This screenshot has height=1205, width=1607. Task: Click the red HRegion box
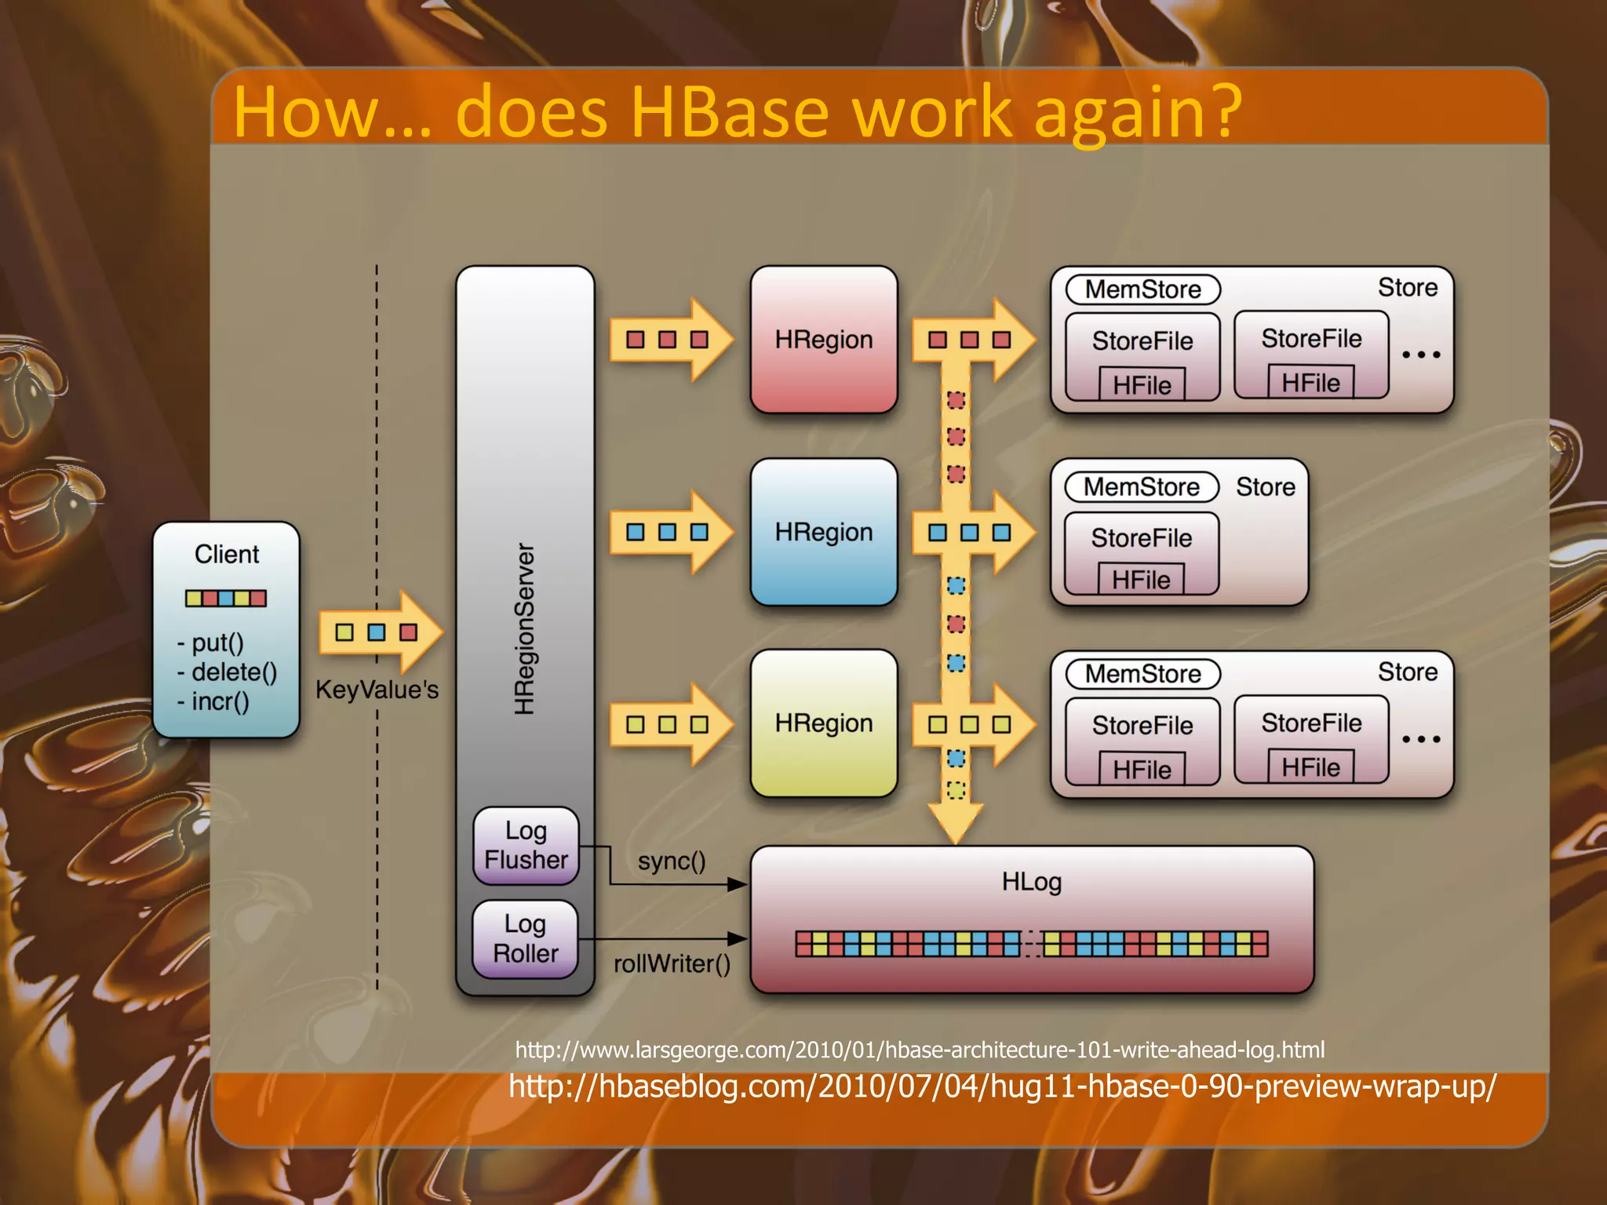coord(823,340)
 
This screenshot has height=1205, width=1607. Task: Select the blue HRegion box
coord(823,532)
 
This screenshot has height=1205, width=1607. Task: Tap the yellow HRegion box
coord(823,723)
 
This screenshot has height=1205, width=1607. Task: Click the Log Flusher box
coord(526,846)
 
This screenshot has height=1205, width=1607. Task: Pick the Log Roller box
coord(525,939)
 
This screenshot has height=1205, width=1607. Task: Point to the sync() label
coord(672,861)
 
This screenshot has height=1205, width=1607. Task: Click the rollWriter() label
coord(672,963)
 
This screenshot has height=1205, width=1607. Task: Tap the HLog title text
coord(1031,882)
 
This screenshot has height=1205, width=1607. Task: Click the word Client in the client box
coord(226,554)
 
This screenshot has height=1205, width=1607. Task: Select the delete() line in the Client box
coord(228,672)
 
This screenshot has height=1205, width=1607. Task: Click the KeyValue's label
coord(377,690)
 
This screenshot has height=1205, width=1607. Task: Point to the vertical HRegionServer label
coord(524,628)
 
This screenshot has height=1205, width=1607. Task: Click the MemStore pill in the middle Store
coord(1142,487)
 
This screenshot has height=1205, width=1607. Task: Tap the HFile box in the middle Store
coord(1140,580)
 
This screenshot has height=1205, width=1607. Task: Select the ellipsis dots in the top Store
coord(1421,355)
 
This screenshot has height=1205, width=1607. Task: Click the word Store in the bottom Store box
coord(1408,672)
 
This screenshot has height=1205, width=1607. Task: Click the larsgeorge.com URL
coord(920,1050)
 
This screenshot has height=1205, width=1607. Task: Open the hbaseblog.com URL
coord(1002,1087)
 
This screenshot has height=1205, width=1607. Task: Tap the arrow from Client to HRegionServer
coord(380,632)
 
